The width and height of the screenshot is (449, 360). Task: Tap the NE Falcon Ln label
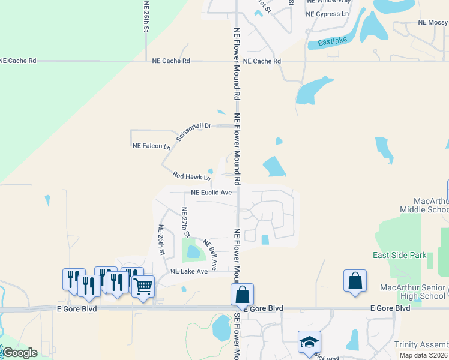coord(147,146)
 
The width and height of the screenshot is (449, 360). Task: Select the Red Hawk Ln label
coord(191,176)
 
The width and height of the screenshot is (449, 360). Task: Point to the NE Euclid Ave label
coord(211,193)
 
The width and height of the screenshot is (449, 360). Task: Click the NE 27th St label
coord(185,222)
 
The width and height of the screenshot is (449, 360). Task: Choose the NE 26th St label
coord(161,240)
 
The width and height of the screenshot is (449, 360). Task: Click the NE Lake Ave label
coord(188,271)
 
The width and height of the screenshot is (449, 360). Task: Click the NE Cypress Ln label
coord(327,14)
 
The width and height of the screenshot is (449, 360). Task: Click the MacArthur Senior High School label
coord(412,292)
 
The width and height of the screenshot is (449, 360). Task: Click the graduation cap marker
coord(309,341)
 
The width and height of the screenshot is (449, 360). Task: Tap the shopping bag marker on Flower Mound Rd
coord(242,295)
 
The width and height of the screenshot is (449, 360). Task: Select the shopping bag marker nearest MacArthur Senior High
coord(355,281)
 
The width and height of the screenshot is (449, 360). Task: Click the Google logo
coord(20,352)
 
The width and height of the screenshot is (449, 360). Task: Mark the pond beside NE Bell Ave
coord(193,252)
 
